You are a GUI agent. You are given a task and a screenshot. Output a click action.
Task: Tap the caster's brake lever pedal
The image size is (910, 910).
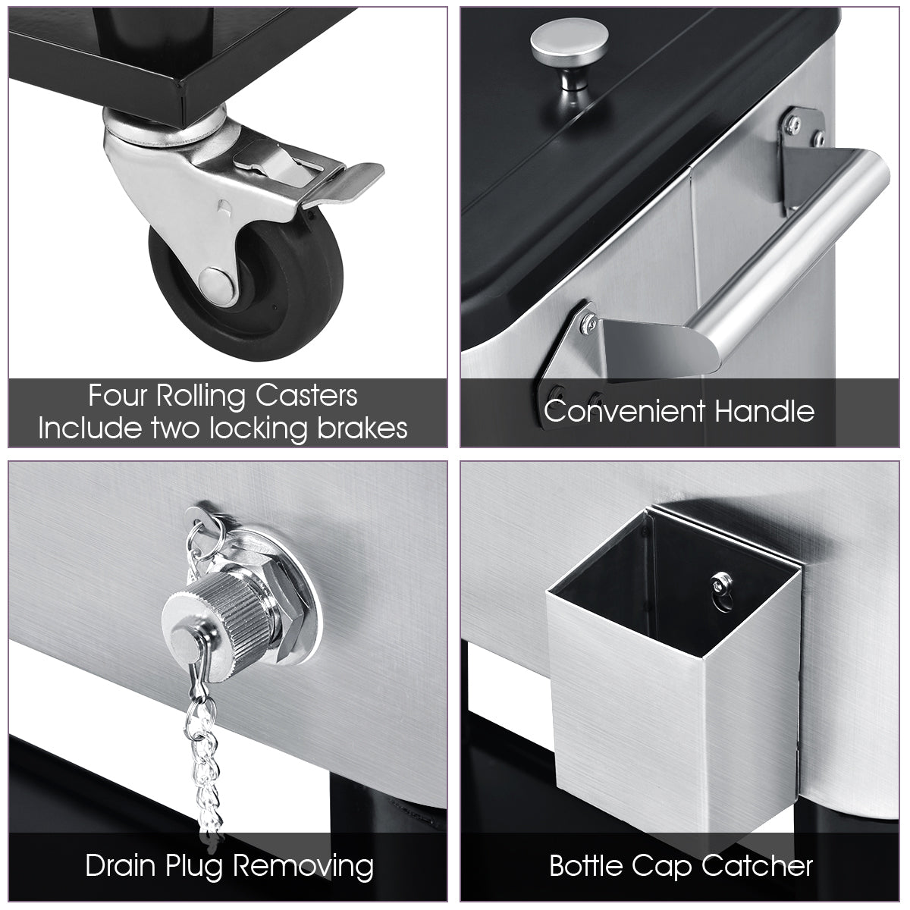(342, 184)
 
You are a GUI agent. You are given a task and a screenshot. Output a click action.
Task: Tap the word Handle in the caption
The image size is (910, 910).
(764, 411)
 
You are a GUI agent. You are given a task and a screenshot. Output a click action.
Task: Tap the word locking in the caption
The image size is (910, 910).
(257, 428)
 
